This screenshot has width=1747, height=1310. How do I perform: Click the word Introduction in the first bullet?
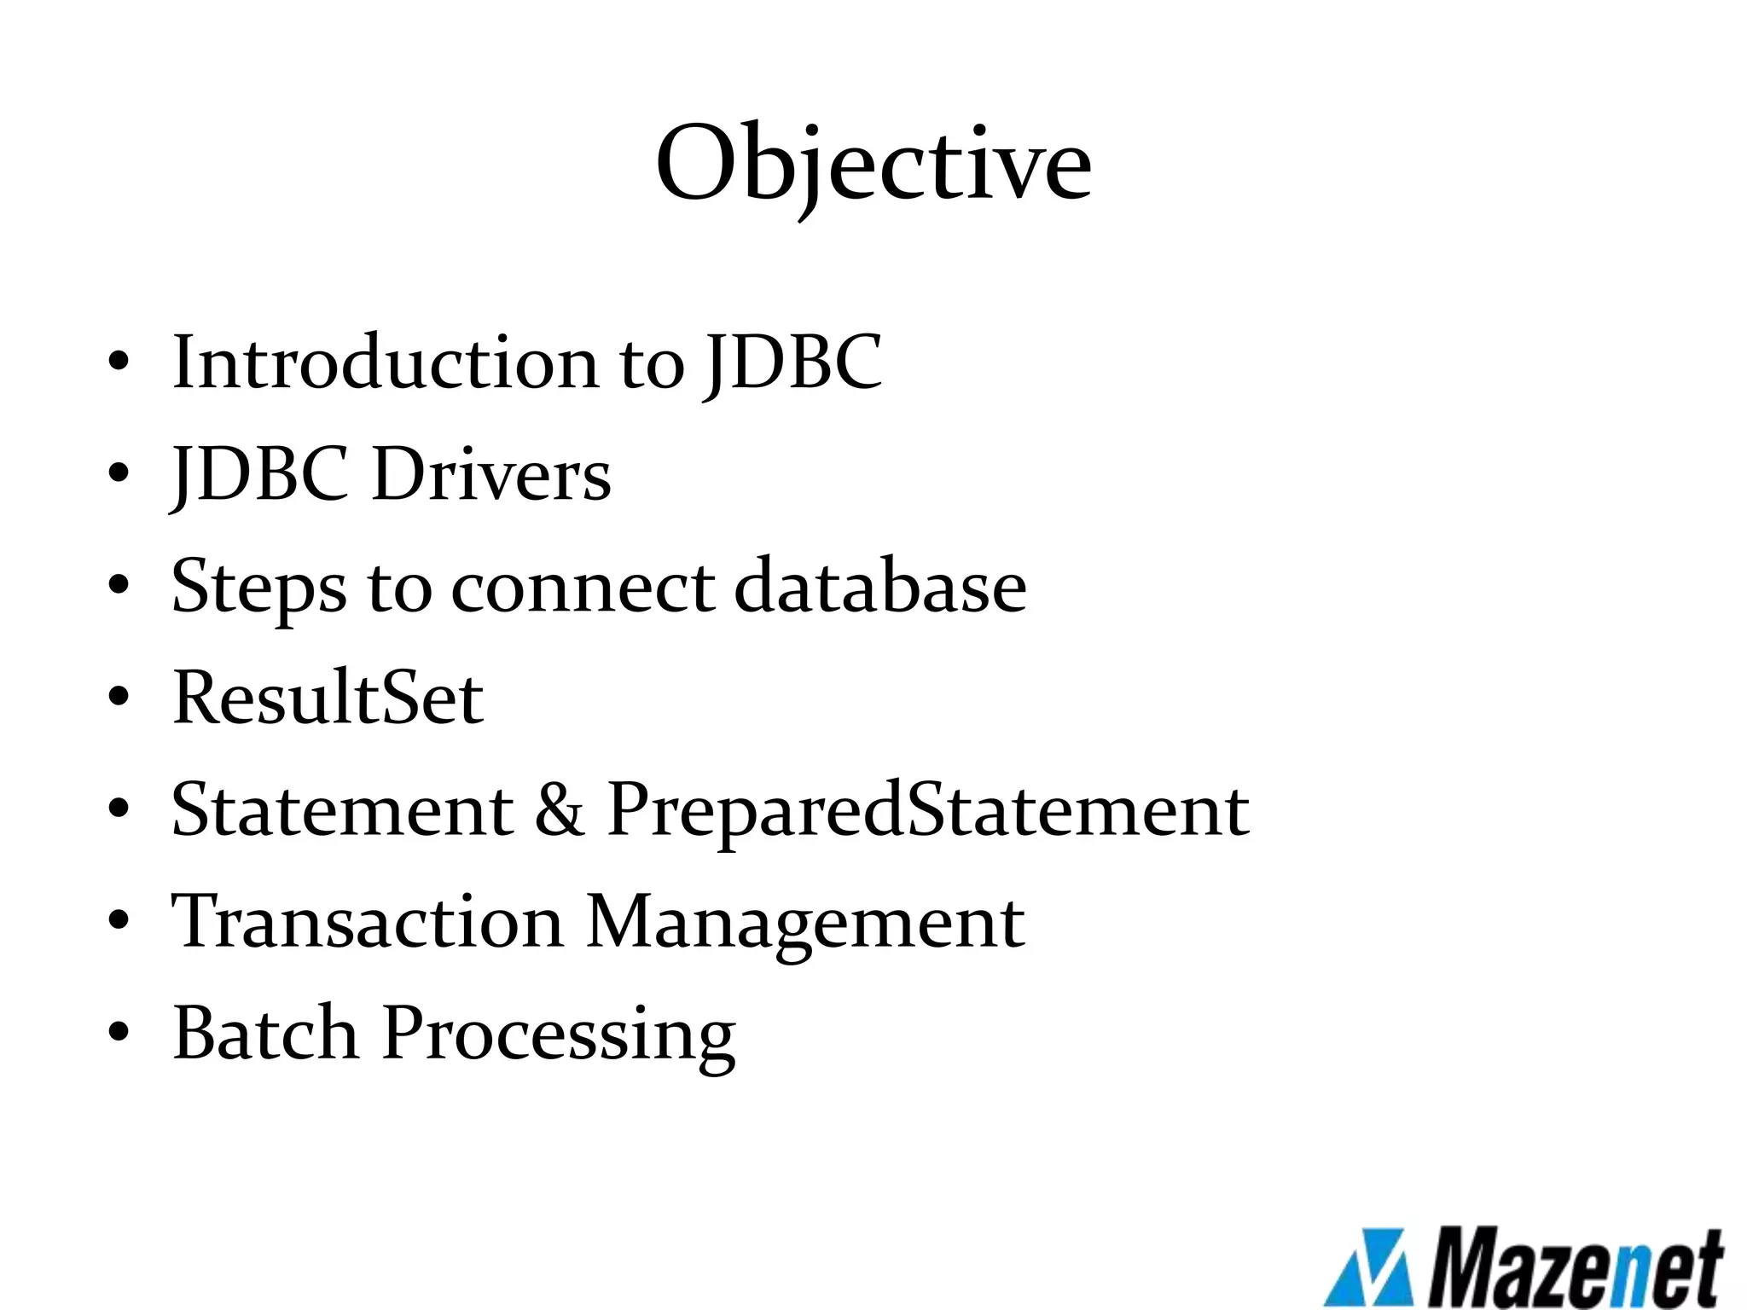click(386, 362)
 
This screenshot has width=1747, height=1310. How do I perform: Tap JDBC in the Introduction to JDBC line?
click(794, 362)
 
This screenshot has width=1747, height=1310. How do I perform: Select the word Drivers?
click(491, 474)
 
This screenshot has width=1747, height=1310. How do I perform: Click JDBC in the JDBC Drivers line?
click(260, 474)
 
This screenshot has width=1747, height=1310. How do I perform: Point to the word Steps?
click(258, 588)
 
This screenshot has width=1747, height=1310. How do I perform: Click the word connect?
click(583, 588)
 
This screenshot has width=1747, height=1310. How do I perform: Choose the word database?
click(880, 586)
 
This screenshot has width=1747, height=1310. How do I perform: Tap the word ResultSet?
click(328, 698)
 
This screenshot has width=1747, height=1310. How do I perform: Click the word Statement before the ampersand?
click(342, 809)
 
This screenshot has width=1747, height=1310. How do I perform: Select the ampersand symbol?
click(560, 810)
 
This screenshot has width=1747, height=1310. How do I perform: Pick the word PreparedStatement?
click(927, 810)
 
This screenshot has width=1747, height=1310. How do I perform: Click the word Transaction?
click(367, 921)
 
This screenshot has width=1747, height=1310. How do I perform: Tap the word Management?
click(805, 923)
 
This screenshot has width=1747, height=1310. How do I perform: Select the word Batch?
click(265, 1033)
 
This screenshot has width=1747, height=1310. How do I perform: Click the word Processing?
click(559, 1035)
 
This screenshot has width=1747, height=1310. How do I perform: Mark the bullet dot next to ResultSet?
click(119, 698)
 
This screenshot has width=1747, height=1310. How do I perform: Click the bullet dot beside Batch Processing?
click(119, 1033)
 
